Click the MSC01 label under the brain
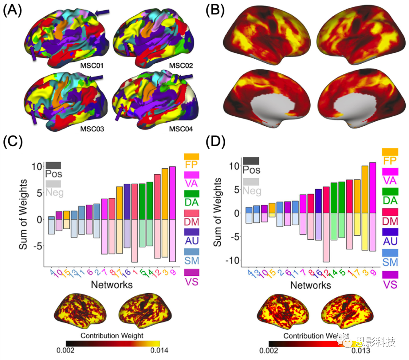92,67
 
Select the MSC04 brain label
180,130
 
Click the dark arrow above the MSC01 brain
103,13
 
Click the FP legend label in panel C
192,165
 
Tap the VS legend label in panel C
192,281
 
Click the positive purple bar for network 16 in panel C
127,202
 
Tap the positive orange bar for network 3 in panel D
365,189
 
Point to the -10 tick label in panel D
234,260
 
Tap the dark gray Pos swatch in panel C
53,165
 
